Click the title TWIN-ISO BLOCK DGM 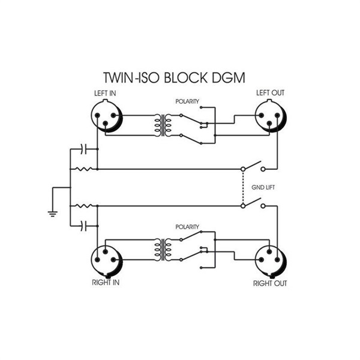[x=174, y=77]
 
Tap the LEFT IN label [x=105, y=94]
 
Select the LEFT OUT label [x=270, y=93]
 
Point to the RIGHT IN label [x=106, y=283]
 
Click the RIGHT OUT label [x=270, y=284]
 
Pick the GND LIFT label [x=263, y=188]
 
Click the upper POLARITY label [x=187, y=101]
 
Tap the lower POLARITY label [x=187, y=227]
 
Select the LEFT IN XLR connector [x=107, y=116]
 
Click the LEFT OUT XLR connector [x=271, y=116]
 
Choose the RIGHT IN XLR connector [x=107, y=260]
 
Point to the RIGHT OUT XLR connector [x=271, y=260]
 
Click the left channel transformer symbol [x=163, y=125]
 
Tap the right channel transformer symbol [x=163, y=250]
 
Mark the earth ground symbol [x=53, y=214]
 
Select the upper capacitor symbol [x=83, y=149]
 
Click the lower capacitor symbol [x=83, y=226]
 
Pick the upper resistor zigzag [x=84, y=169]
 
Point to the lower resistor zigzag [x=84, y=206]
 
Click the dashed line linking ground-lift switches [x=243, y=188]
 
